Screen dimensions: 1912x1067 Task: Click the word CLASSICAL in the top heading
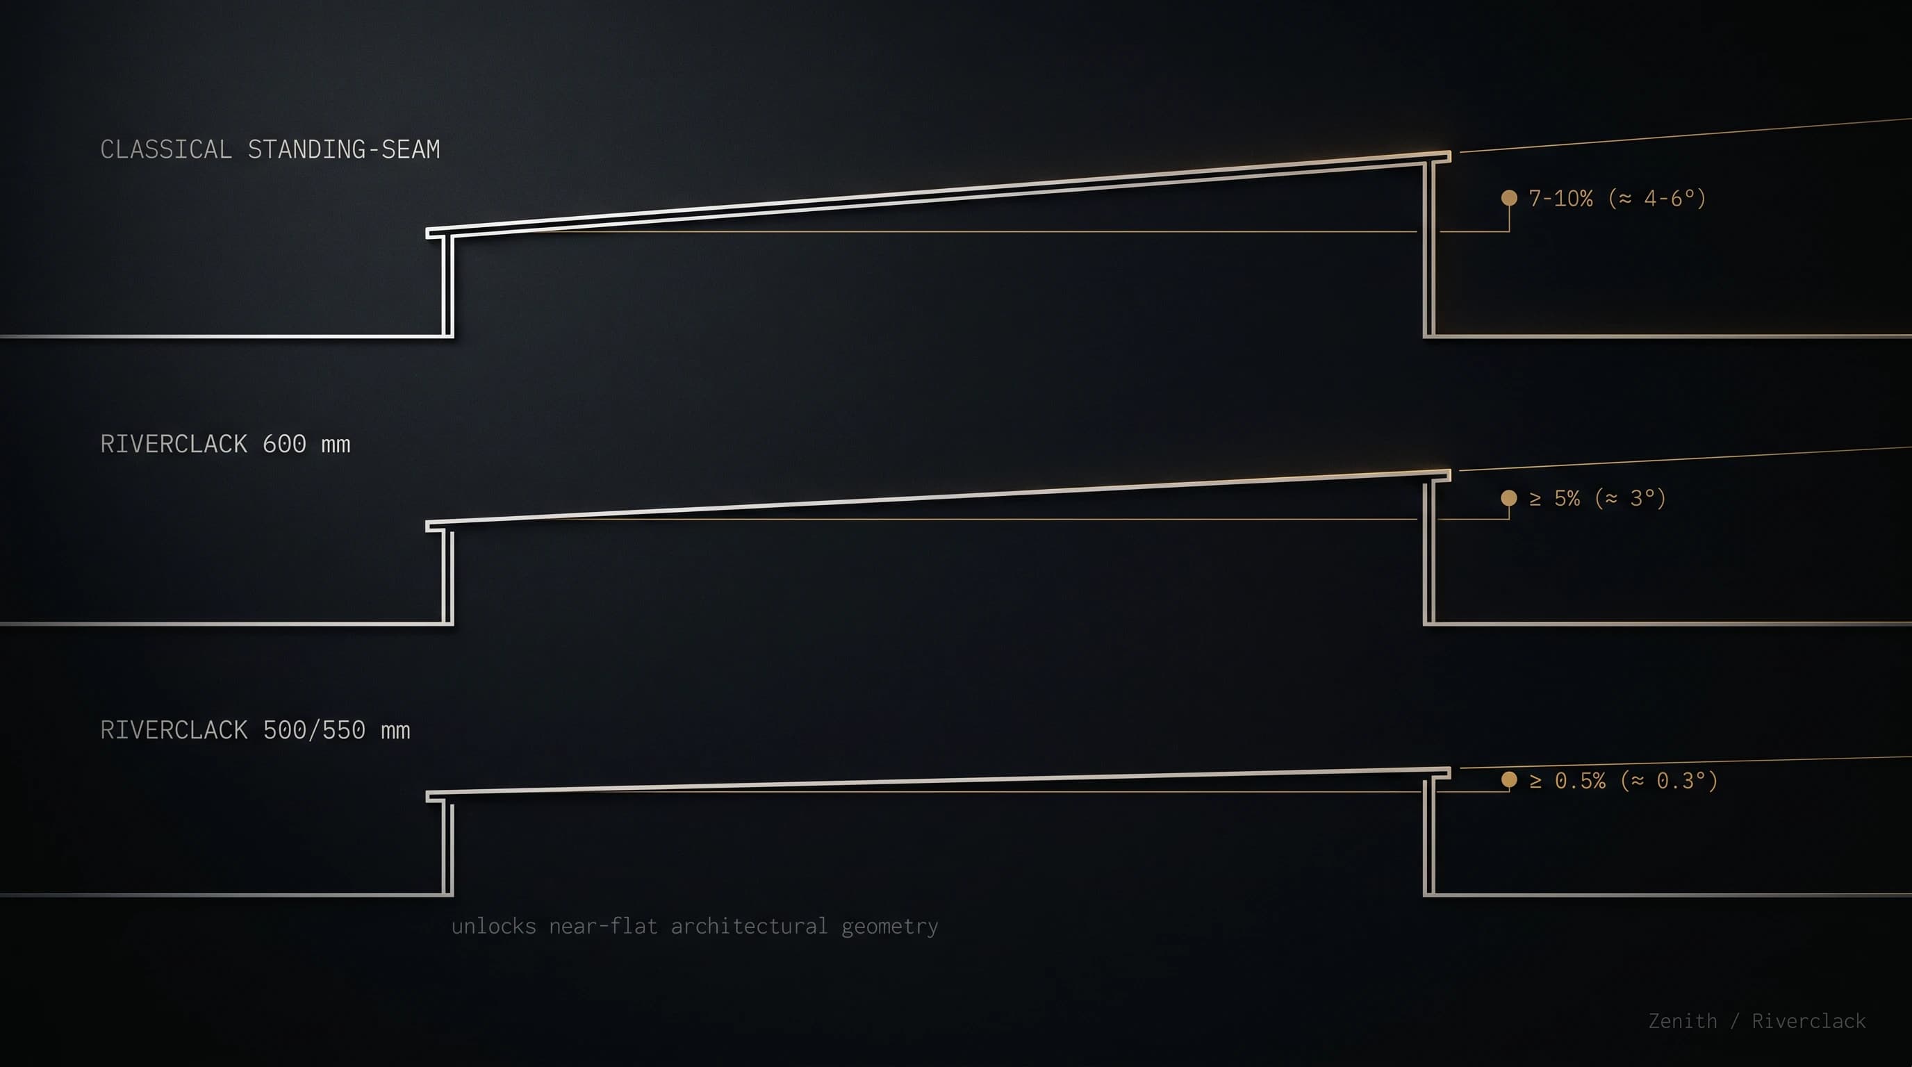(x=166, y=149)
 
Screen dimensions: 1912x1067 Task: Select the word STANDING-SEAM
(x=344, y=149)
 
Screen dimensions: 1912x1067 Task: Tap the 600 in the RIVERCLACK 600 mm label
(x=284, y=444)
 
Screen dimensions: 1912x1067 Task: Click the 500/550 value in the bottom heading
(x=314, y=730)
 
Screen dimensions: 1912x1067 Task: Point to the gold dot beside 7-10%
(x=1509, y=197)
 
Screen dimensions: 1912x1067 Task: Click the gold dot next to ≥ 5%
(x=1509, y=497)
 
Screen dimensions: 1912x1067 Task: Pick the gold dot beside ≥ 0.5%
(x=1509, y=779)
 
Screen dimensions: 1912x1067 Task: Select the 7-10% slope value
(x=1561, y=198)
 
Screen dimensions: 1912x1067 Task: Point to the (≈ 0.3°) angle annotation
(x=1670, y=781)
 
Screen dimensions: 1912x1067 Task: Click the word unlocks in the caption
(x=493, y=926)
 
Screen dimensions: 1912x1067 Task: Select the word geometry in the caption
(x=890, y=927)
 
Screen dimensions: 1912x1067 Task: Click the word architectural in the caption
(x=749, y=926)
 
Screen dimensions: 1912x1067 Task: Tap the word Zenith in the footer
(x=1683, y=1021)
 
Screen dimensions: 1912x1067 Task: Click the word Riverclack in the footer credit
(x=1809, y=1021)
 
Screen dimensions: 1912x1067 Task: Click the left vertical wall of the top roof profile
(x=448, y=286)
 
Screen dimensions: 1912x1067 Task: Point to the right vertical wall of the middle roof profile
(x=1429, y=553)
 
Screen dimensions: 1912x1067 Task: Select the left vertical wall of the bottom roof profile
(x=448, y=848)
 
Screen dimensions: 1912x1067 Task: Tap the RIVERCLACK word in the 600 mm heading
(x=174, y=444)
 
